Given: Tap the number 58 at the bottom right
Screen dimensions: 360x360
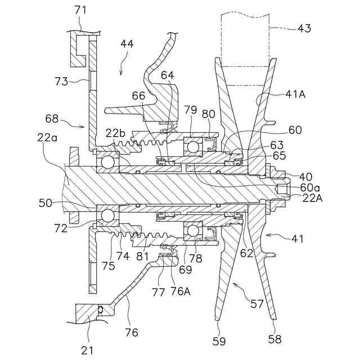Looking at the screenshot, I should click(x=274, y=339).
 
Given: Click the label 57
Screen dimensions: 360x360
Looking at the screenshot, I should click(x=257, y=304).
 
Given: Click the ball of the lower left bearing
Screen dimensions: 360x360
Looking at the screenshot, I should click(x=107, y=215).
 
